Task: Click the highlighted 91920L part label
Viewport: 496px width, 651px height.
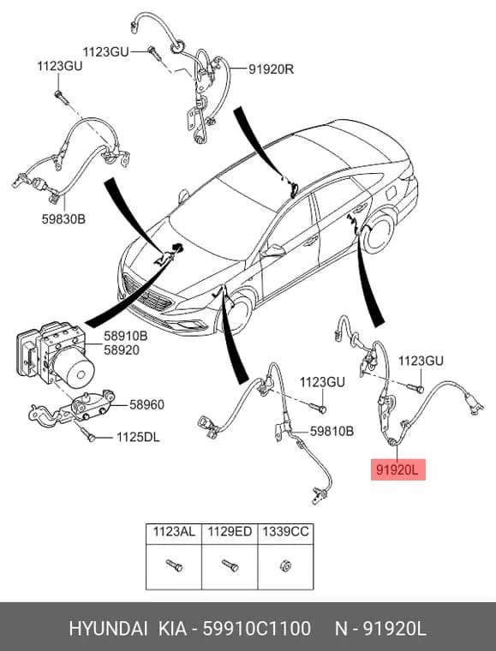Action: pyautogui.click(x=398, y=470)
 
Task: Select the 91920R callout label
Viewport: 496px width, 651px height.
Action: pyautogui.click(x=272, y=69)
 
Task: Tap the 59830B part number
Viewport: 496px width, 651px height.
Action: pyautogui.click(x=63, y=218)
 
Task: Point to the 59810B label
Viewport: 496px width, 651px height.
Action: pyautogui.click(x=332, y=432)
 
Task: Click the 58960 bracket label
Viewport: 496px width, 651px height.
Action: pyautogui.click(x=146, y=404)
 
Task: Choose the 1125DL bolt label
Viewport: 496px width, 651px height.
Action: pyautogui.click(x=138, y=437)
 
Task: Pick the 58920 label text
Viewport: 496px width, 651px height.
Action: pyautogui.click(x=121, y=350)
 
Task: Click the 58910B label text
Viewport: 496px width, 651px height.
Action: pyautogui.click(x=125, y=336)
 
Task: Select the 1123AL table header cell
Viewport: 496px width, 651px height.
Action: pyautogui.click(x=174, y=532)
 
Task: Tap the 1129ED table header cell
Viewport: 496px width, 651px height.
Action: pyautogui.click(x=230, y=532)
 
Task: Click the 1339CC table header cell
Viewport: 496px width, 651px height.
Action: pyautogui.click(x=285, y=532)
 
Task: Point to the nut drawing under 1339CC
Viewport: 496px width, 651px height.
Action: pyautogui.click(x=285, y=565)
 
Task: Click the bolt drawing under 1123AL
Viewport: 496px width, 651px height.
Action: pyautogui.click(x=174, y=565)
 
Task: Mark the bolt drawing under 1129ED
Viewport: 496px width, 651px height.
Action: pyautogui.click(x=230, y=565)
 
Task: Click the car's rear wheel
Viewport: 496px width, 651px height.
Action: pyautogui.click(x=377, y=232)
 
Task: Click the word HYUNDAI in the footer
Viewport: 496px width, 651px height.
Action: pyautogui.click(x=108, y=629)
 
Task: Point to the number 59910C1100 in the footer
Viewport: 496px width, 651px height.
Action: pyautogui.click(x=256, y=629)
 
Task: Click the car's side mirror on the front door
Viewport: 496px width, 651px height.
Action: pyautogui.click(x=275, y=250)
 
